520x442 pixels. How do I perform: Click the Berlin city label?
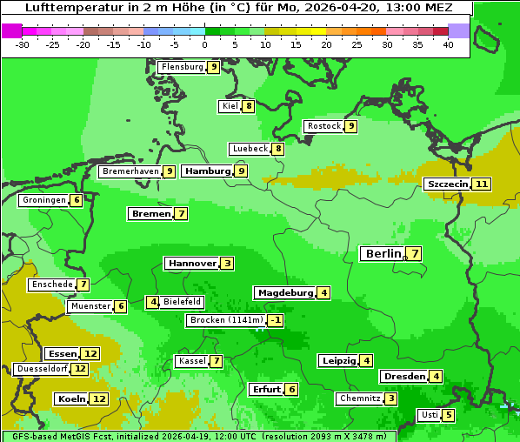383,254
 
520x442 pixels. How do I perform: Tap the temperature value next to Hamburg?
242,171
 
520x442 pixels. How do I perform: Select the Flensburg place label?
183,67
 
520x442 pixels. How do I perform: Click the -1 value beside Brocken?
276,320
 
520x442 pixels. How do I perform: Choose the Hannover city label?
191,263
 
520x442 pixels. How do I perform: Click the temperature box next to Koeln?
99,398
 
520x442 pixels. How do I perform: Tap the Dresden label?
403,377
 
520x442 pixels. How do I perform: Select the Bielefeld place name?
182,302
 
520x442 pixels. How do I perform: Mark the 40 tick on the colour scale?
448,45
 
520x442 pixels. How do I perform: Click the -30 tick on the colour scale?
23,45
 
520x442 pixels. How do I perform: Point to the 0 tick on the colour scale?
204,45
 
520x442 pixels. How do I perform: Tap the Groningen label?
44,200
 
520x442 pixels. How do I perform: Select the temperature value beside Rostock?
350,126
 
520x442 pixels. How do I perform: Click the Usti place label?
429,415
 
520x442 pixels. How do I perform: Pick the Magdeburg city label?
285,293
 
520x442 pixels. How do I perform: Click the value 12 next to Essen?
90,354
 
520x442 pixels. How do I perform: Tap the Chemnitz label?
359,398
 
